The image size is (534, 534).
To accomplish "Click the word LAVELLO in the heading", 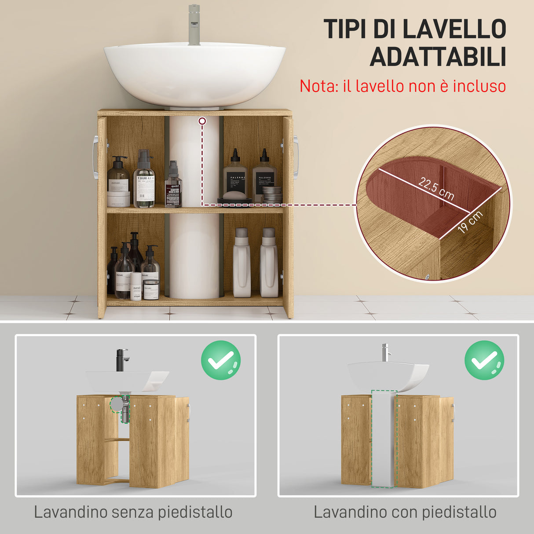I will tap(454, 29).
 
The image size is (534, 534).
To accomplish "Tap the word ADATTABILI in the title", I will tap(438, 57).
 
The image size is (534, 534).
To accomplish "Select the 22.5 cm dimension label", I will tap(436, 189).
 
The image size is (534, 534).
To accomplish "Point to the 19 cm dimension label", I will tap(470, 222).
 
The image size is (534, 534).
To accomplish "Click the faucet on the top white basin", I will tap(194, 24).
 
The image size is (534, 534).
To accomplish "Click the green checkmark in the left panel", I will tap(221, 360).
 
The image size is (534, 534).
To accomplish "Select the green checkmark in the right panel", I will tap(484, 360).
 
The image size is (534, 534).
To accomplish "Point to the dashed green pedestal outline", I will tap(384, 439).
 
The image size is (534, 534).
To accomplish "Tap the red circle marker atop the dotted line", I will tap(202, 121).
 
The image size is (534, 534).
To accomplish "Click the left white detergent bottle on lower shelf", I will tap(241, 263).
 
